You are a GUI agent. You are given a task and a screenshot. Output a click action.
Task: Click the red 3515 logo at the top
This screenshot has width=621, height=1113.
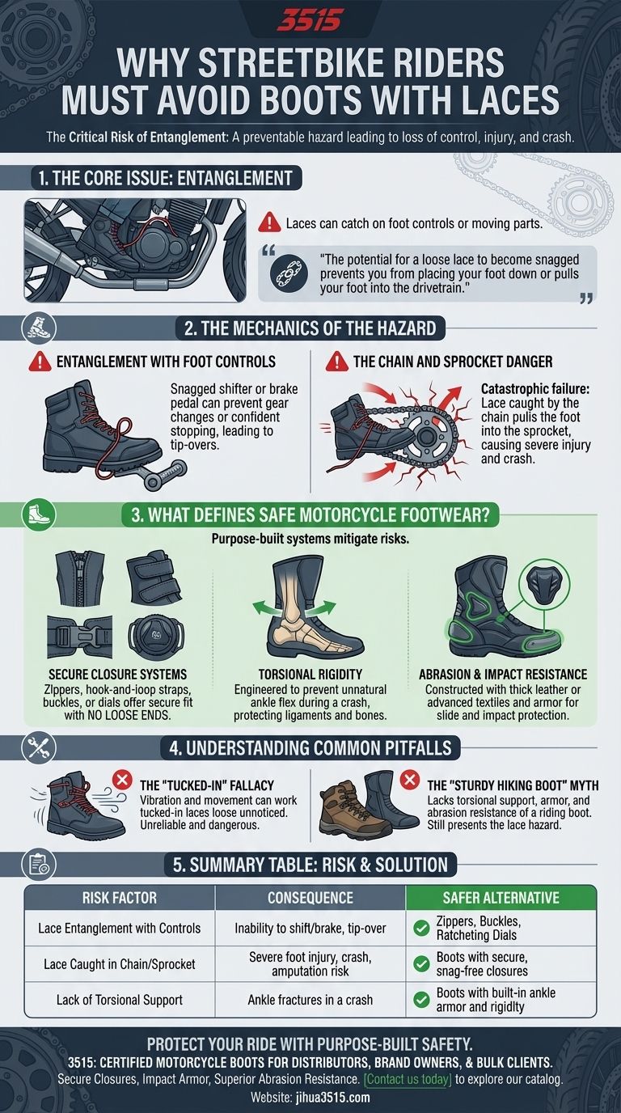pos(310,19)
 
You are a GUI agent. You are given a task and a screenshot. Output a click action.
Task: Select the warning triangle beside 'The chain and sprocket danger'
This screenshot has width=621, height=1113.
pos(337,362)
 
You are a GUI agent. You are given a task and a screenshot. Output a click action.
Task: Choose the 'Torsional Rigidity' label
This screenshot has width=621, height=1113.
pos(310,674)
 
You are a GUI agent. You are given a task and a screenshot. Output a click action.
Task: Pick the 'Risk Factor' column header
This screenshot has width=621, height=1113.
pos(120,897)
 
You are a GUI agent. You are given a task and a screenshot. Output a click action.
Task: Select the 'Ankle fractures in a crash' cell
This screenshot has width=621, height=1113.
pos(310,1000)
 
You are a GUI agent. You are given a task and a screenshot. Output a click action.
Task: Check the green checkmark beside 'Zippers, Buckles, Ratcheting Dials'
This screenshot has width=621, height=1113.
pos(420,929)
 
